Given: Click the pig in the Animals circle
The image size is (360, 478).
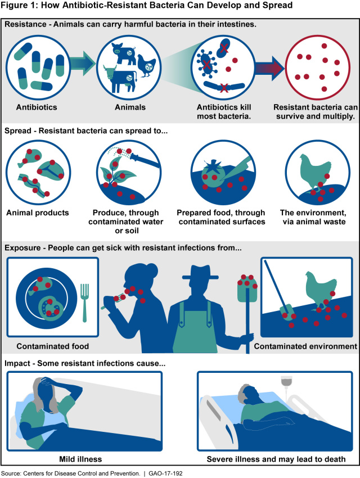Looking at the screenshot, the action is (x=124, y=53).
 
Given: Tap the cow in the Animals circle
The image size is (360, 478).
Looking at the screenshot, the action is (x=120, y=78).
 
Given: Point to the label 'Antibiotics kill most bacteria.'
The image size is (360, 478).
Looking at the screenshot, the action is (x=224, y=111).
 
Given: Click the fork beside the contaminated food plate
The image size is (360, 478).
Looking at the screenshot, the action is (x=84, y=303).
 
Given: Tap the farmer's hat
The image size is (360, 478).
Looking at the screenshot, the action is (x=200, y=273).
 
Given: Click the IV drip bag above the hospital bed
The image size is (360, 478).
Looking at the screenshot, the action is (x=286, y=382).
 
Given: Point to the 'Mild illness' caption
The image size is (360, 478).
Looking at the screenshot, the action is (x=80, y=459).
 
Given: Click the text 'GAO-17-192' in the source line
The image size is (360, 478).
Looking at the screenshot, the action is (x=165, y=474).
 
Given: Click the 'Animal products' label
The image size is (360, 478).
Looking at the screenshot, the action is (x=38, y=213).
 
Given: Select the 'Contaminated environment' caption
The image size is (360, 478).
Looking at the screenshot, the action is (x=305, y=346).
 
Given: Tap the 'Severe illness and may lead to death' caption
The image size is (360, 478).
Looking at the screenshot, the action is (x=276, y=459).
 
